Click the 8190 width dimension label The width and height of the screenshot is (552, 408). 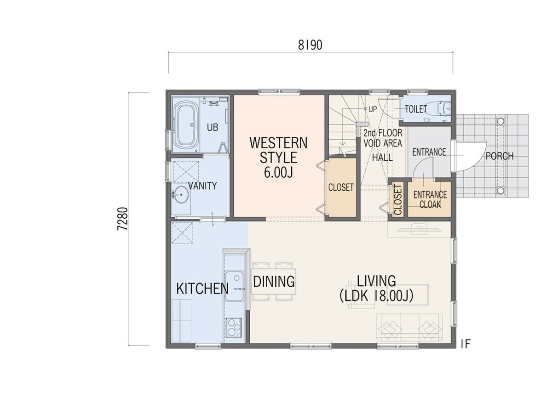click(x=310, y=45)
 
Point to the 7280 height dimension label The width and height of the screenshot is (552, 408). click(x=123, y=219)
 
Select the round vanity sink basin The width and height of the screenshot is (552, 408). click(x=180, y=194)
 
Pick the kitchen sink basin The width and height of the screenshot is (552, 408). click(x=235, y=286)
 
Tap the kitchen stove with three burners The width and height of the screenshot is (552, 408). click(x=234, y=328)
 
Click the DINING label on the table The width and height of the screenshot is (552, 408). click(x=274, y=282)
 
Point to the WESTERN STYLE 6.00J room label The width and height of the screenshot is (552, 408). click(x=278, y=158)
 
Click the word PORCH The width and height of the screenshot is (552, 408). click(x=500, y=156)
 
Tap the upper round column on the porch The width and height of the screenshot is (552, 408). click(x=500, y=121)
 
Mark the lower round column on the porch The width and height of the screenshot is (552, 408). click(x=500, y=191)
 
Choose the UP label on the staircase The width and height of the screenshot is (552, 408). click(x=373, y=109)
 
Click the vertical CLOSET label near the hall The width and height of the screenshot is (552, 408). click(x=398, y=200)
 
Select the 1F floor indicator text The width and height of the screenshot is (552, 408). click(x=465, y=344)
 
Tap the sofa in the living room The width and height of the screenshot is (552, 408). click(x=409, y=328)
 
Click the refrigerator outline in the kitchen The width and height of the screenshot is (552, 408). click(x=181, y=321)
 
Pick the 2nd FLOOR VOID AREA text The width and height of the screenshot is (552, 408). click(x=383, y=138)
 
